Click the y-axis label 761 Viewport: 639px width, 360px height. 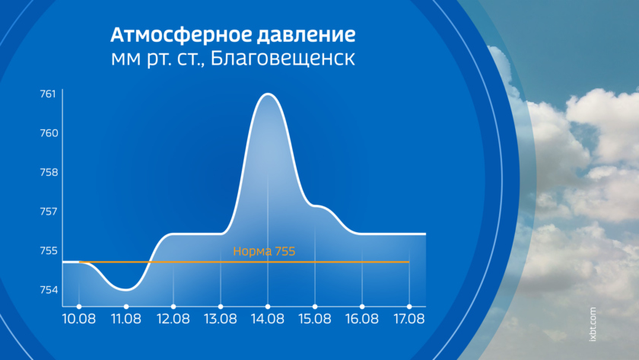click(48, 94)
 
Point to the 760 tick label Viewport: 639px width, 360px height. click(49, 133)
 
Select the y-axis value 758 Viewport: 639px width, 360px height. click(49, 172)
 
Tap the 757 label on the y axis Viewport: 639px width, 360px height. click(49, 211)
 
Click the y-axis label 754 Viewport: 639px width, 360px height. click(49, 290)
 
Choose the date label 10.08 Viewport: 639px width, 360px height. click(78, 318)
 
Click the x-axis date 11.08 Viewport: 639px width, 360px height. click(126, 318)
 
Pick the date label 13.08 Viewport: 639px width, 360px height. click(220, 318)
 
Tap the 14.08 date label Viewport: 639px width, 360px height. click(267, 318)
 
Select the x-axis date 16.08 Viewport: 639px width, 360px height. click(362, 318)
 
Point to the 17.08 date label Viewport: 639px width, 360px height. click(409, 318)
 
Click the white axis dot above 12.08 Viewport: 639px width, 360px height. click(173, 307)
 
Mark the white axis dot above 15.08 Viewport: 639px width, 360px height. click(315, 307)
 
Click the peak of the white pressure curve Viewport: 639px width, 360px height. click(268, 94)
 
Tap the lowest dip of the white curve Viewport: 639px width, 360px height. click(126, 290)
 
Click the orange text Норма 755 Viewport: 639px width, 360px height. click(264, 251)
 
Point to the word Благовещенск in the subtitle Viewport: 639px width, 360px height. click(283, 59)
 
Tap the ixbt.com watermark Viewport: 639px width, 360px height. click(593, 324)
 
